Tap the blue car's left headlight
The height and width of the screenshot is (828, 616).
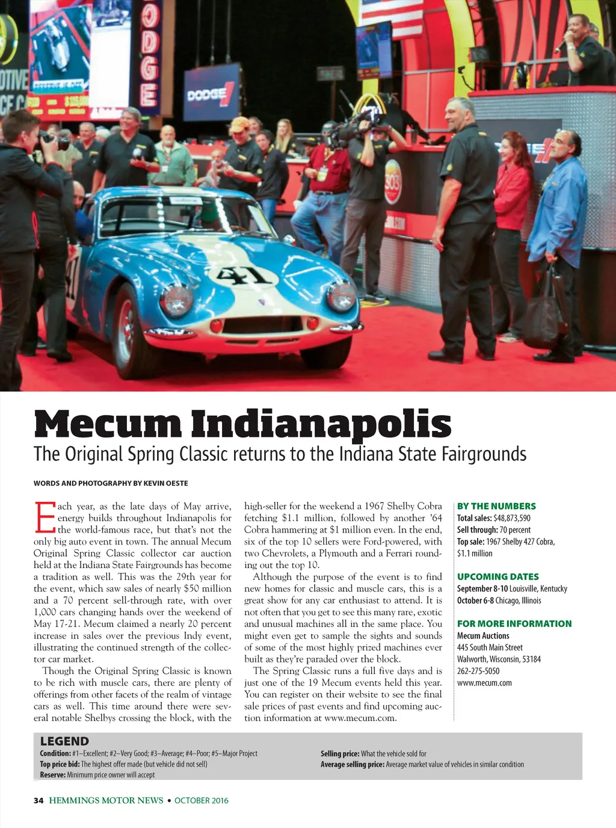click(176, 299)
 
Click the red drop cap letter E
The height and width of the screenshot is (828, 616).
click(45, 517)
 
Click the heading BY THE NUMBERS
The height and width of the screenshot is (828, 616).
click(496, 506)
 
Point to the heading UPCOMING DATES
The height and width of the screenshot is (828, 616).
click(497, 576)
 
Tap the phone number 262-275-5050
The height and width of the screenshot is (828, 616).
click(478, 671)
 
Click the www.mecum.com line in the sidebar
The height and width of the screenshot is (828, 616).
click(484, 682)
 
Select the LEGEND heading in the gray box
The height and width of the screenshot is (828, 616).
click(64, 741)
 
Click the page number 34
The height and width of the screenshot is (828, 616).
click(38, 800)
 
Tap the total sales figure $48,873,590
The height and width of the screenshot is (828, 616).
click(511, 518)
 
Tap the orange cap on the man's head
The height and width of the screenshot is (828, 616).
click(239, 124)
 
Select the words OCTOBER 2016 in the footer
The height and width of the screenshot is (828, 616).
click(202, 800)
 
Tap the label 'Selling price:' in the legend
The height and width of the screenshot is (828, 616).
click(340, 753)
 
